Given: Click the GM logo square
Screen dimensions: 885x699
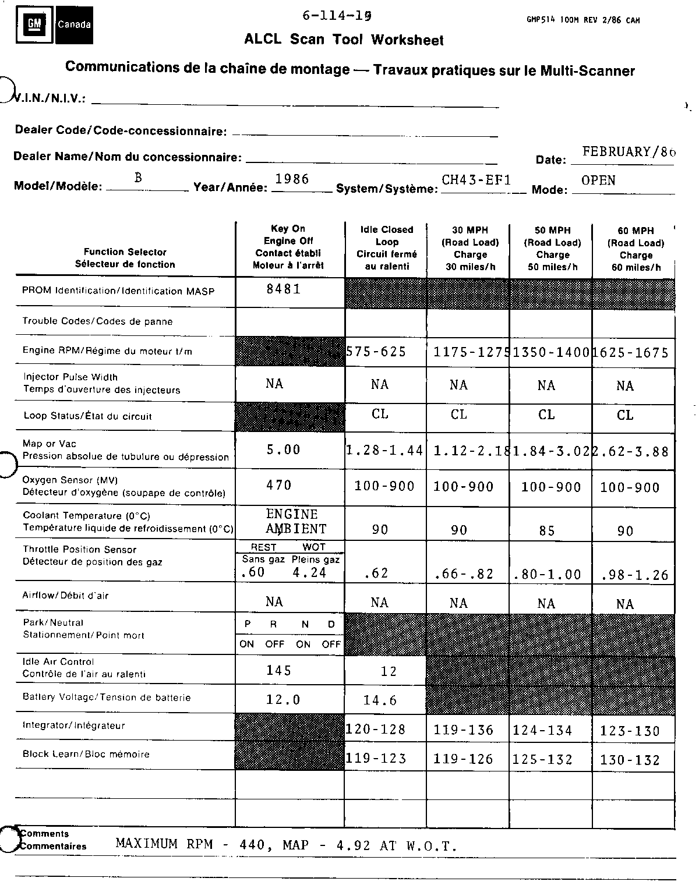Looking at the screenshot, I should [35, 24].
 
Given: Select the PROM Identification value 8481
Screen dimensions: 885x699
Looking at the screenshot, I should [284, 289].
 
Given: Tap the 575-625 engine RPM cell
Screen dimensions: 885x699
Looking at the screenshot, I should [376, 352].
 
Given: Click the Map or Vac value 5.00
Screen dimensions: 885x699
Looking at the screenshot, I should [284, 449].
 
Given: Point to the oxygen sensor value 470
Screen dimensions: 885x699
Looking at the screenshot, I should [279, 485].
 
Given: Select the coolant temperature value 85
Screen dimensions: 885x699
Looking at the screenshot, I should [546, 531].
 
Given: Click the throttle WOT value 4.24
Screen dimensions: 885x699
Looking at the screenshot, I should [309, 572].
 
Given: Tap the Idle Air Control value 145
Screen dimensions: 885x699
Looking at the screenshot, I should [279, 671].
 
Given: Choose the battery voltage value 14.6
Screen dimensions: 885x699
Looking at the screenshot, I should [380, 700].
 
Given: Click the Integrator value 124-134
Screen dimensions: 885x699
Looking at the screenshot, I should [542, 731].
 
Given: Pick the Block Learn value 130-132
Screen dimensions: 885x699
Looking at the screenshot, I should [630, 760].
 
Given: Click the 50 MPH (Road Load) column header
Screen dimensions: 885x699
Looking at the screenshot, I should [552, 249].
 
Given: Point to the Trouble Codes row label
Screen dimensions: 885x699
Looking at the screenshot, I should [97, 321].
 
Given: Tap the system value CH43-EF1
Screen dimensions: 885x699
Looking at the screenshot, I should [476, 180].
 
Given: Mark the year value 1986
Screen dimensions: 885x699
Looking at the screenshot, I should [292, 179].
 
